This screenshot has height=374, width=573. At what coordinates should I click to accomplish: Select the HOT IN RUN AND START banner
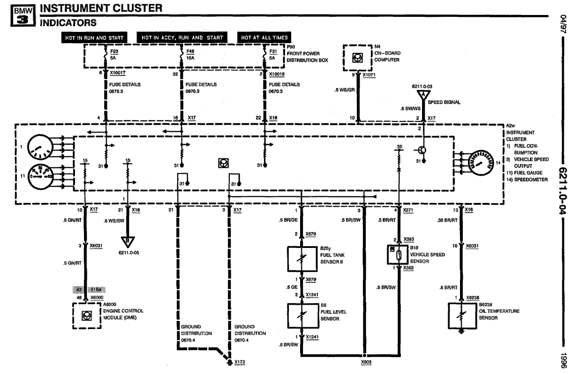pyautogui.click(x=94, y=37)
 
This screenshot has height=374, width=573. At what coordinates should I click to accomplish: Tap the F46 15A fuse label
pyautogui.click(x=190, y=55)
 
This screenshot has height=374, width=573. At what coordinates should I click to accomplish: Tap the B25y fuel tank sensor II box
pyautogui.click(x=301, y=259)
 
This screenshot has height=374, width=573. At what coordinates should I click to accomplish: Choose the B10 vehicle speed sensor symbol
pyautogui.click(x=398, y=254)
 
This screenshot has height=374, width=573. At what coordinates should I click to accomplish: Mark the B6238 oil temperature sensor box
pyautogui.click(x=461, y=317)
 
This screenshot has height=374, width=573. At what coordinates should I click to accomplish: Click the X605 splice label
pyautogui.click(x=366, y=362)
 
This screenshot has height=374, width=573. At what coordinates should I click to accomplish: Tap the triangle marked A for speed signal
pyautogui.click(x=423, y=94)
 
